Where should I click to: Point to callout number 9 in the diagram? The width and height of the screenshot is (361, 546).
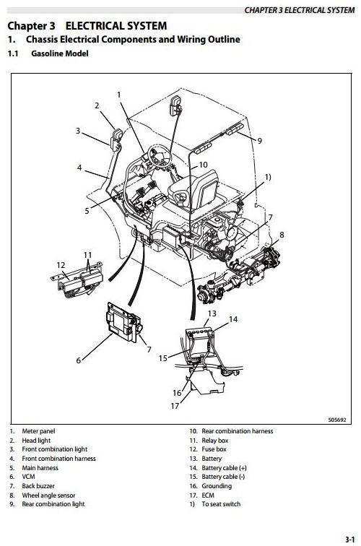259,141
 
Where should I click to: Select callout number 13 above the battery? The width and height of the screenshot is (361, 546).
212,313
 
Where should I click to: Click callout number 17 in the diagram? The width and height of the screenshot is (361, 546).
175,406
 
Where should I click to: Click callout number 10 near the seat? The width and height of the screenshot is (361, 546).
203,165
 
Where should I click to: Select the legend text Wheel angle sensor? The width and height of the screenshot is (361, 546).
49,495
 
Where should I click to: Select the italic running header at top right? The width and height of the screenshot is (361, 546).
299,10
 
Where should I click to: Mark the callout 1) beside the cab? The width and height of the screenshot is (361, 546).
268,177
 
